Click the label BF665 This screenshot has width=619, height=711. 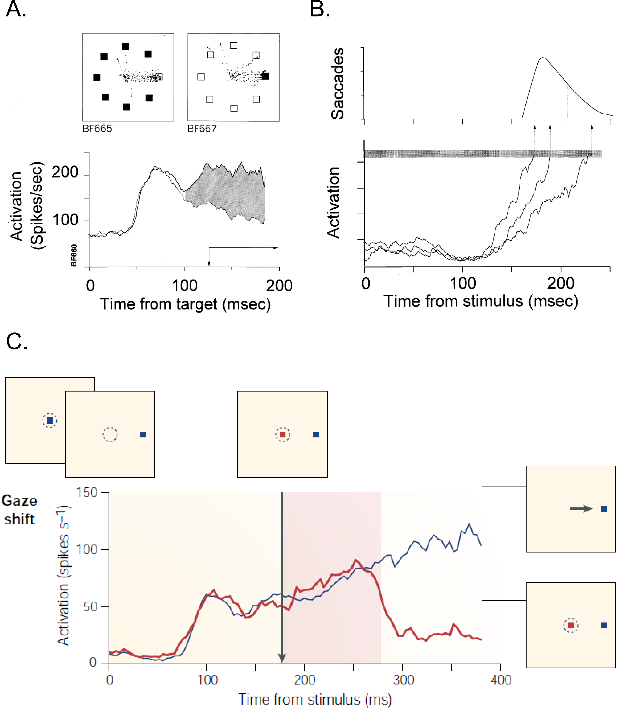97,129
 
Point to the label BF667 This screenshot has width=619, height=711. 202,129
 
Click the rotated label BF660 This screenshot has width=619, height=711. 74,255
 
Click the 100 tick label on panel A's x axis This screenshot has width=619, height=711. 184,286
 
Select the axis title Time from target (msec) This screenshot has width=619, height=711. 185,304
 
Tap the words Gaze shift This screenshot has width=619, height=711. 19,510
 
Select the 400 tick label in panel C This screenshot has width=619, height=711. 501,680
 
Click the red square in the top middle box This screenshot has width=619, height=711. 283,435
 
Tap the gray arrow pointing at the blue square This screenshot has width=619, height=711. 581,509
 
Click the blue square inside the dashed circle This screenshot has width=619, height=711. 50,420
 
